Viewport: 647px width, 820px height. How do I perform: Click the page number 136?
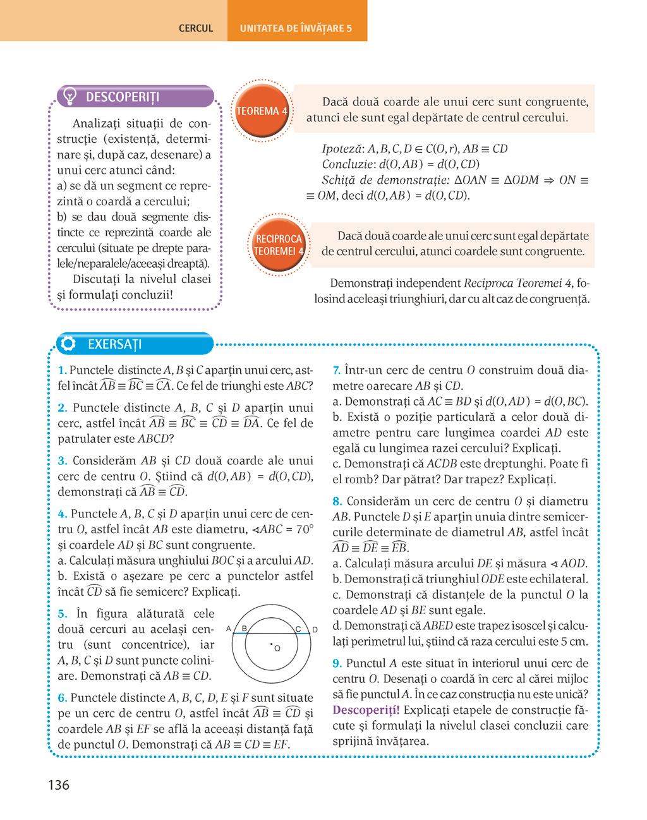pyautogui.click(x=59, y=785)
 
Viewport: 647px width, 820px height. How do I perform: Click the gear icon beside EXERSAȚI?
pyautogui.click(x=68, y=344)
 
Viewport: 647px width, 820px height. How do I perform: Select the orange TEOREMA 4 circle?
pyautogui.click(x=262, y=111)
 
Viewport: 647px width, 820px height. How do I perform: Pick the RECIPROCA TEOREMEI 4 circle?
pyautogui.click(x=279, y=245)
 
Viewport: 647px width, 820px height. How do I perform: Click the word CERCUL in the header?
pyautogui.click(x=196, y=28)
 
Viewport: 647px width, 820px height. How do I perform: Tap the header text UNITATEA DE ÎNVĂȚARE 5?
pyautogui.click(x=296, y=28)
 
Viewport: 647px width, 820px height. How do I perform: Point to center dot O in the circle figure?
pyautogui.click(x=272, y=644)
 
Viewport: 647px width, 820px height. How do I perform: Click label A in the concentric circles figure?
pyautogui.click(x=229, y=629)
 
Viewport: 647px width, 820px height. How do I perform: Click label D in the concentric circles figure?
pyautogui.click(x=315, y=630)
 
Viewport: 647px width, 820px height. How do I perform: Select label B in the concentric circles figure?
pyautogui.click(x=244, y=629)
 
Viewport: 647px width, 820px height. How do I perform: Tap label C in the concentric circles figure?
pyautogui.click(x=298, y=629)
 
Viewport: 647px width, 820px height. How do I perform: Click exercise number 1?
pyautogui.click(x=61, y=370)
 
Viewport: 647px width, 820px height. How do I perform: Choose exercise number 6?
pyautogui.click(x=62, y=698)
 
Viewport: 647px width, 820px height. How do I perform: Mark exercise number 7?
pyautogui.click(x=336, y=370)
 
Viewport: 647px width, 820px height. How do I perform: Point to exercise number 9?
pyautogui.click(x=337, y=663)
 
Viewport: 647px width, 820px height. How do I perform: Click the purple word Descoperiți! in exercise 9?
pyautogui.click(x=366, y=710)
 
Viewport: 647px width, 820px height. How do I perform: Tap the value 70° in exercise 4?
pyautogui.click(x=304, y=529)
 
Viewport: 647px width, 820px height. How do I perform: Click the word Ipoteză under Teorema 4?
pyautogui.click(x=342, y=149)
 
